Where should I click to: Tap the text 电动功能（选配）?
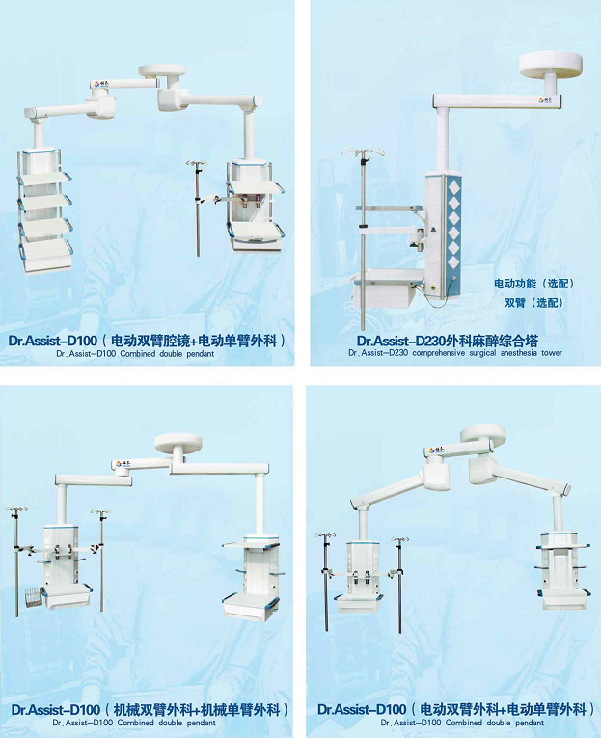(x=533, y=284)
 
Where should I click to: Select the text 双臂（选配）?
(x=533, y=303)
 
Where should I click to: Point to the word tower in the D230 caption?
(x=552, y=353)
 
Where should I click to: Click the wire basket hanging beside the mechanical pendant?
(x=33, y=597)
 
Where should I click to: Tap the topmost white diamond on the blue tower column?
(x=453, y=188)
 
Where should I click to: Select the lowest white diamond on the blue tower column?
(x=453, y=262)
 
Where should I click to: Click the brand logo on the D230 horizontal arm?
(x=547, y=100)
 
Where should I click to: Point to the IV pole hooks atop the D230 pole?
(x=363, y=150)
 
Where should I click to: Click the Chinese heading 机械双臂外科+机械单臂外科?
(x=197, y=709)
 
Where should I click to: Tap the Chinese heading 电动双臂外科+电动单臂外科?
(x=504, y=709)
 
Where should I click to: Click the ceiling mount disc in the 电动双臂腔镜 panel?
(x=161, y=70)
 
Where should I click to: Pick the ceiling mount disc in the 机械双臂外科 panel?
(x=178, y=443)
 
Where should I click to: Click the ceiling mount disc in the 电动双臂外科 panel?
(x=483, y=433)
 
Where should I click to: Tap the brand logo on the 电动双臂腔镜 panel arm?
(x=100, y=84)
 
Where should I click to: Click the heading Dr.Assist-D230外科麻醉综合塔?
(x=447, y=341)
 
